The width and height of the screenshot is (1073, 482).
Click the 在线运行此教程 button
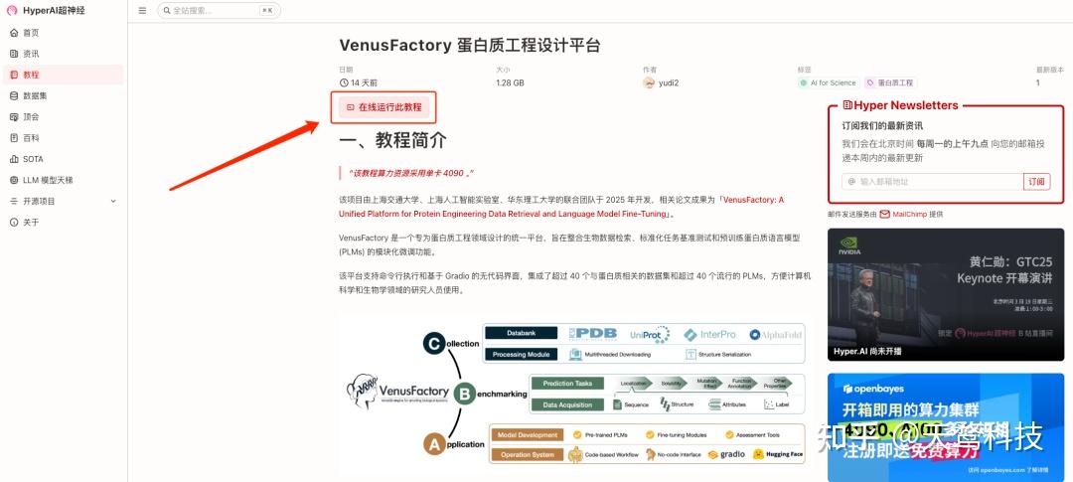tap(384, 106)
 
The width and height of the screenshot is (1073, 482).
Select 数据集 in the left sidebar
tap(35, 95)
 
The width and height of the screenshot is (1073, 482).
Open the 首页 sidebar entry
tap(31, 33)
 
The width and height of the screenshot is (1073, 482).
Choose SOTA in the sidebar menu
tap(33, 159)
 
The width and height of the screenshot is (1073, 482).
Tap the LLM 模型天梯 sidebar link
tap(47, 180)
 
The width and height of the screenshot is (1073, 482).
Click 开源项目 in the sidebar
tap(40, 201)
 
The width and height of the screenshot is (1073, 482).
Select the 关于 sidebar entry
tap(31, 222)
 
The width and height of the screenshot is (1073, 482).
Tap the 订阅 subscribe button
tap(1036, 181)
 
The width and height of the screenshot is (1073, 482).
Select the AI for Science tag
tap(828, 83)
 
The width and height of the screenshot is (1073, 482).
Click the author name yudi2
tap(668, 83)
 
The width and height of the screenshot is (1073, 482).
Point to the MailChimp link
tap(909, 214)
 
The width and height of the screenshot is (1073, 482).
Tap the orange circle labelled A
tap(433, 445)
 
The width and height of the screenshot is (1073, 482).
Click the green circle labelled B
tap(463, 394)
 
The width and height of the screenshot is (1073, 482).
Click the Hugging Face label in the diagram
tap(778, 454)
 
